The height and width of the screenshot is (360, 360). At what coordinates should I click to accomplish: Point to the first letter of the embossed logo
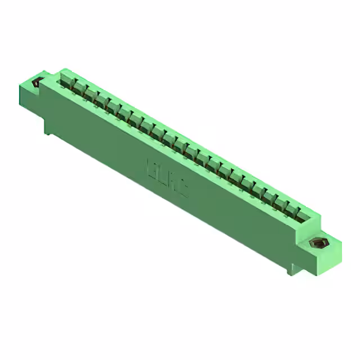click(x=152, y=168)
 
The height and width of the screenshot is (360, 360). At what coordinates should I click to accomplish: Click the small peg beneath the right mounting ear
click(x=292, y=271)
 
